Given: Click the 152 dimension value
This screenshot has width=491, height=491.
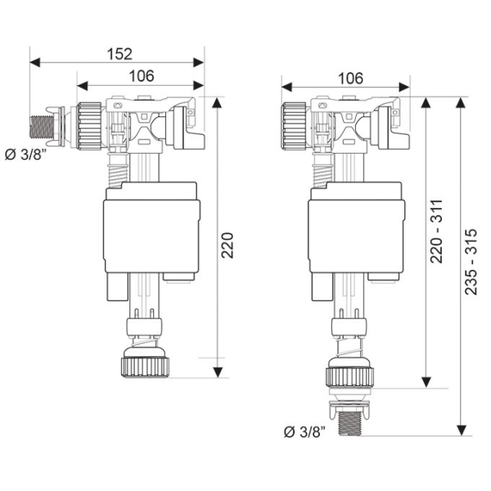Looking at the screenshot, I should pyautogui.click(x=119, y=53).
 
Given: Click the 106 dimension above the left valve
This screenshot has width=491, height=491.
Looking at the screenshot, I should pyautogui.click(x=141, y=76).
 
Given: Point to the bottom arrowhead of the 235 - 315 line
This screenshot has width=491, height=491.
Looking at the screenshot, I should pyautogui.click(x=463, y=430).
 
